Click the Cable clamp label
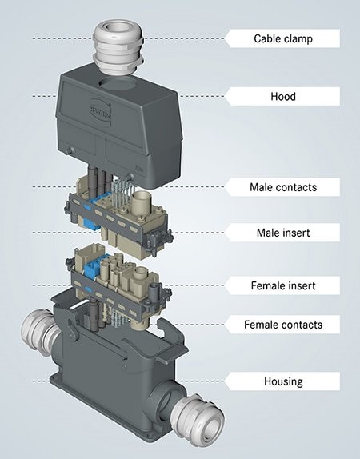click(x=283, y=38)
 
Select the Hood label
click(x=283, y=96)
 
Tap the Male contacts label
click(x=283, y=187)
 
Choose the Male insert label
click(x=283, y=233)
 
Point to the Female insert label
click(x=283, y=285)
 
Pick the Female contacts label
click(x=283, y=325)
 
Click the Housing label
click(x=283, y=381)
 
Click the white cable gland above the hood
click(x=118, y=47)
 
